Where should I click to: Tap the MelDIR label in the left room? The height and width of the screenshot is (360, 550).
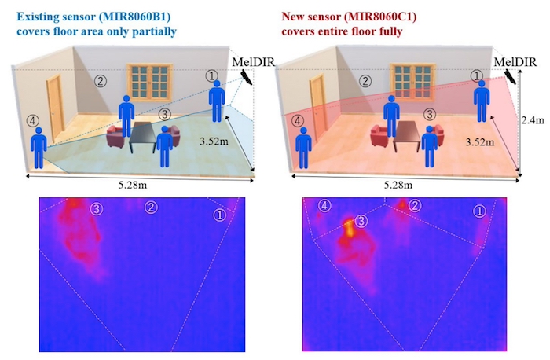coord(253,62)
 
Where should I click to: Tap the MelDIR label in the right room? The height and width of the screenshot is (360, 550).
coord(515,62)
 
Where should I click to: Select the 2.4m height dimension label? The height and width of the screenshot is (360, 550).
coord(533,120)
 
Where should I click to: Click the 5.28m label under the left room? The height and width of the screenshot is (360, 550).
coord(133,185)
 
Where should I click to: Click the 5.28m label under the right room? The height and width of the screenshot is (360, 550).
coord(398,185)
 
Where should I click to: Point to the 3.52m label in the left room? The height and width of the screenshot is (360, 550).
coord(214,141)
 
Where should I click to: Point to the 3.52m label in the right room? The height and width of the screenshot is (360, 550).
coord(480,142)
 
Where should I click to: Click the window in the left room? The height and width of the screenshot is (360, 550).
coord(150,83)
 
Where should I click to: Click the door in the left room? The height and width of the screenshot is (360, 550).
coord(56,108)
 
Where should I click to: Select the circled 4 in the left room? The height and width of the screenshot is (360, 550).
coord(32,121)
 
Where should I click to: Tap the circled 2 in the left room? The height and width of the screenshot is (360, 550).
coord(101,81)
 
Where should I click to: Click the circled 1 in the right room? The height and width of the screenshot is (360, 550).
coord(476,75)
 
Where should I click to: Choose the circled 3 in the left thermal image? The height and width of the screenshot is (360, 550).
coord(97,209)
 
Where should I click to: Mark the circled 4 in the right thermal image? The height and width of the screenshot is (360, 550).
coord(324,206)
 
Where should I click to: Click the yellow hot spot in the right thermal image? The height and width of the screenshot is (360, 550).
coord(349,227)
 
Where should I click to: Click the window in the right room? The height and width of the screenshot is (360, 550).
coord(412,83)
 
